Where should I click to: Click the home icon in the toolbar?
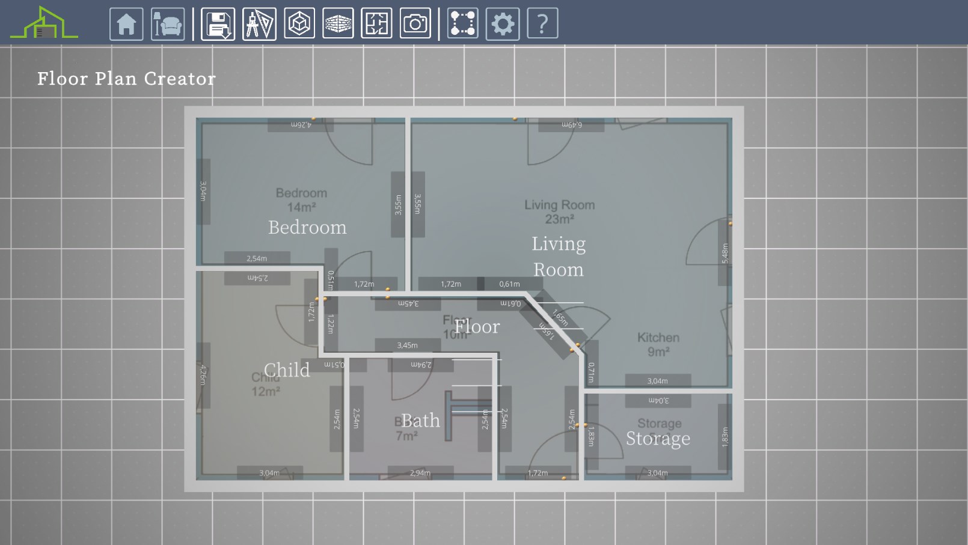coord(126,24)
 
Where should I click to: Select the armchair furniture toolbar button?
coord(168,24)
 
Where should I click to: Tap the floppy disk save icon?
coord(218,24)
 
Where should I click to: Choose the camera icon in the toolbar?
coord(415,24)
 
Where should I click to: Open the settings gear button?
coord(502,24)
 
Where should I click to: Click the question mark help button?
coord(542,24)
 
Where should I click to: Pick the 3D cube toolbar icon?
coord(299,24)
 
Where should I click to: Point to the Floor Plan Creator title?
coord(126,79)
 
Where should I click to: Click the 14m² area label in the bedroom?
coord(301,207)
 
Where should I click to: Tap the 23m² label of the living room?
coord(559,219)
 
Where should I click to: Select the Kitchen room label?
coord(658,338)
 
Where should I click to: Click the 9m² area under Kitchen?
coord(658,352)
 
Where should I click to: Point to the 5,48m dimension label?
coord(725,253)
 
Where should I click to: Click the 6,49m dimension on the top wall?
coord(571,125)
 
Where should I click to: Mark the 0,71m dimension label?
coord(592,372)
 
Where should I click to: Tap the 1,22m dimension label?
coord(331,324)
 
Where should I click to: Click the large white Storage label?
coord(658,439)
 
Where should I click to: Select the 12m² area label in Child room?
coord(266,392)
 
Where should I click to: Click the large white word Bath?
coord(420,421)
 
